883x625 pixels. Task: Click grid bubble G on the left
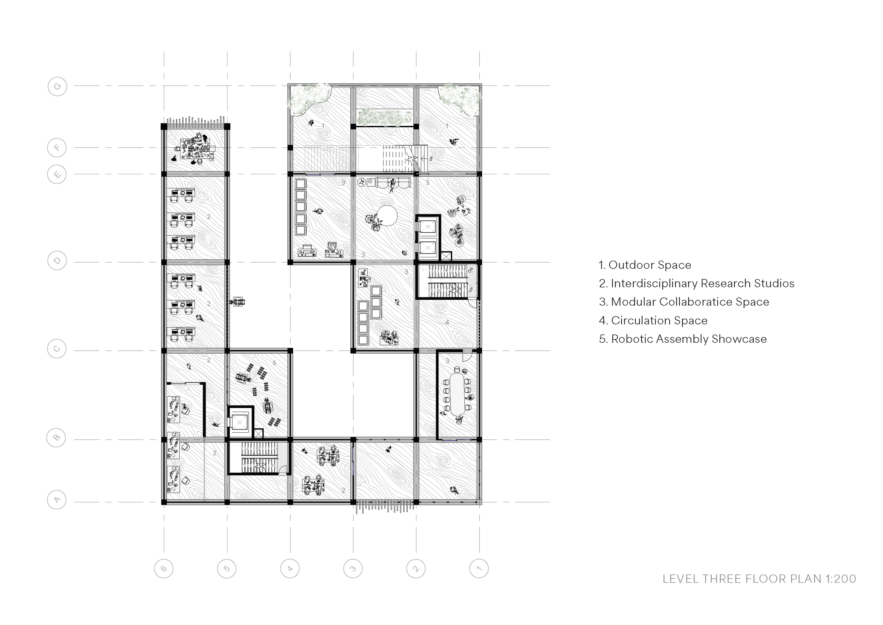[x=57, y=86]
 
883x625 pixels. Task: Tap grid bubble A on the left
[x=57, y=500]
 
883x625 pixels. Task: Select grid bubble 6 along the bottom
[x=164, y=568]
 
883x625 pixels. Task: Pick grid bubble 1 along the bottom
[x=479, y=568]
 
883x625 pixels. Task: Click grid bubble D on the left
[x=57, y=261]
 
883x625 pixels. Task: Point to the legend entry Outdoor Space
[x=645, y=265]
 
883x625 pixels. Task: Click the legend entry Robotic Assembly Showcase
[x=683, y=339]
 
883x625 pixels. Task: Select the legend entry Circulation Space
[x=653, y=320]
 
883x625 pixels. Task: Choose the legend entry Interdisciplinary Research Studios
[x=697, y=283]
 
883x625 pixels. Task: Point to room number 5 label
[x=274, y=363]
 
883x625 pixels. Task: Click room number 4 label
[x=447, y=322]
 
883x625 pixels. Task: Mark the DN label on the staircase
[x=470, y=270]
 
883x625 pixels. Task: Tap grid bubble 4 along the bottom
[x=290, y=568]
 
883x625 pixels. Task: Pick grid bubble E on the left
[x=57, y=174]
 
